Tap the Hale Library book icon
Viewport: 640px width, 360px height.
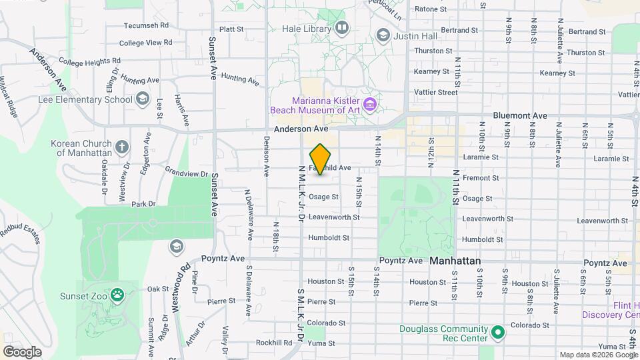click(342, 28)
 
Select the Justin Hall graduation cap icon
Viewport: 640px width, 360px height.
click(383, 35)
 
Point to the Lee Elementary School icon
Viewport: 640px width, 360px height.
click(142, 99)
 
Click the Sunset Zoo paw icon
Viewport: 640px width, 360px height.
click(117, 294)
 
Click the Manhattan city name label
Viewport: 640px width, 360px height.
click(455, 261)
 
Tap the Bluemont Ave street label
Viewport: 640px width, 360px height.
click(520, 116)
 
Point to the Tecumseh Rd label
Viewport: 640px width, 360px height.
click(146, 26)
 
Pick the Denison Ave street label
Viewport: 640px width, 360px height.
click(266, 156)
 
